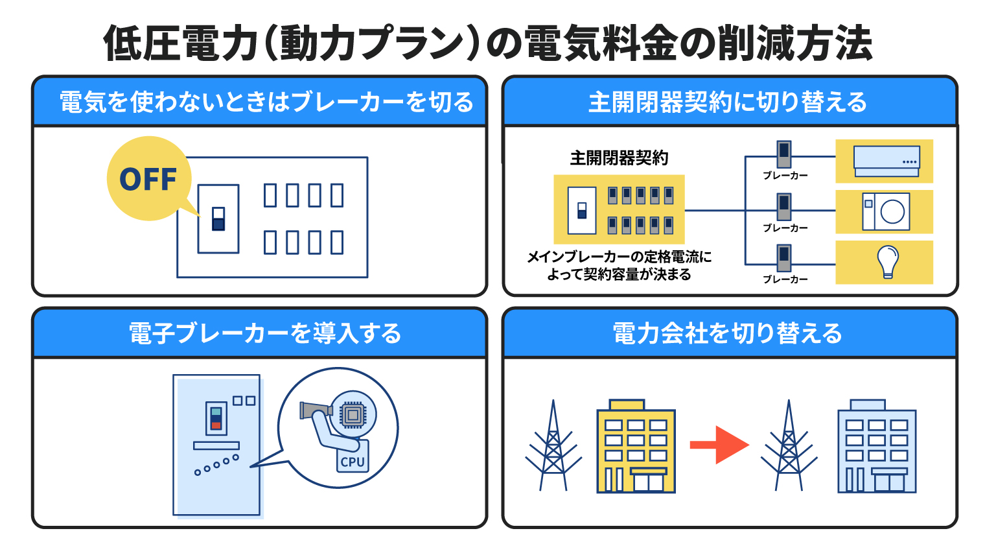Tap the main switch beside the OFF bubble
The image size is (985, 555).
[x=218, y=218]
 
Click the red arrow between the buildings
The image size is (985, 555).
[x=719, y=445]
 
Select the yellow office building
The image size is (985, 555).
[x=636, y=446]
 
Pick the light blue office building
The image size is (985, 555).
[x=877, y=446]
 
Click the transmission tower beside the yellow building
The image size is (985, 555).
[x=553, y=445]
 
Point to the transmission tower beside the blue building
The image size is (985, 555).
[x=789, y=445]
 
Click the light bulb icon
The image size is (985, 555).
[x=888, y=262]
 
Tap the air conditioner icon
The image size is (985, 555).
[x=886, y=161]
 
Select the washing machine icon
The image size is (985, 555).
[x=886, y=212]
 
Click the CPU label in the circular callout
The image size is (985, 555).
[x=353, y=462]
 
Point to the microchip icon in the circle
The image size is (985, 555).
[x=353, y=414]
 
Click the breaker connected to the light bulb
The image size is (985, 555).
[x=784, y=258]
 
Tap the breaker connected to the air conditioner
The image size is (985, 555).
[x=784, y=154]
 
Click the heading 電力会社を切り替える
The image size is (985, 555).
[x=728, y=333]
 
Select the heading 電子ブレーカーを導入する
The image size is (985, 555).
[x=265, y=333]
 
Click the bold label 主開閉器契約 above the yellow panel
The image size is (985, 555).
[x=619, y=158]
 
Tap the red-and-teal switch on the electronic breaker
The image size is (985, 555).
[x=216, y=418]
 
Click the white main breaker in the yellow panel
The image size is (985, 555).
[x=582, y=210]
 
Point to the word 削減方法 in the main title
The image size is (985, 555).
[x=795, y=43]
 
